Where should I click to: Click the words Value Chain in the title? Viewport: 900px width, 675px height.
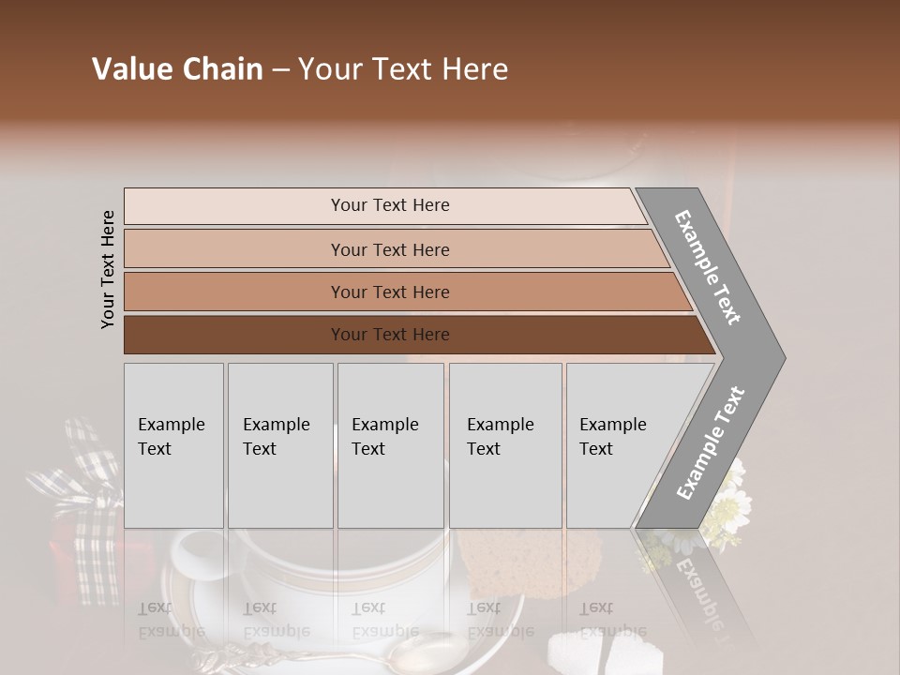[177, 69]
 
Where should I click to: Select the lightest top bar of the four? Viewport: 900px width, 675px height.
[389, 205]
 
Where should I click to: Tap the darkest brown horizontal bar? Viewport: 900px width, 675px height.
[389, 335]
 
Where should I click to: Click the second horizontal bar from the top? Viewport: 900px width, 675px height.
[389, 249]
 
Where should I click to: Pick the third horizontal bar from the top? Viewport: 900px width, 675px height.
[389, 292]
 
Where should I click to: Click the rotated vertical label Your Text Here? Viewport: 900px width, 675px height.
[108, 269]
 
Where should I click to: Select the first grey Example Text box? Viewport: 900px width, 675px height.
[173, 444]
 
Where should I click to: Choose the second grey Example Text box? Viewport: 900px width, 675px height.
[279, 444]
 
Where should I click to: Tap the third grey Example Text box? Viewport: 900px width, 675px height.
[390, 444]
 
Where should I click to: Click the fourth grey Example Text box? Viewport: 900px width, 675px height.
[504, 444]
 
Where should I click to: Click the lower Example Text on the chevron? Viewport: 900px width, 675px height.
[711, 442]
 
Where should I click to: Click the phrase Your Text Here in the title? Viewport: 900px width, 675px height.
[403, 69]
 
